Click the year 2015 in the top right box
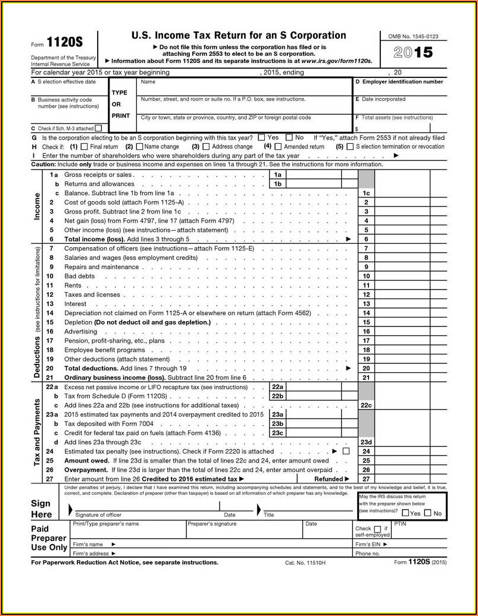tap(413, 52)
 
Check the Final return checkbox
tap(84, 146)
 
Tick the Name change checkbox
tap(140, 146)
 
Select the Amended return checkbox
tap(277, 146)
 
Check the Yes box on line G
tap(262, 137)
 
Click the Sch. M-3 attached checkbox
tap(98, 128)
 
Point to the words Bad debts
tap(79, 276)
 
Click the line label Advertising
tap(80, 331)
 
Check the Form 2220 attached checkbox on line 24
tap(346, 451)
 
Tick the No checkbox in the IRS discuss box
tap(428, 513)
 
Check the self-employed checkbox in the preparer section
tap(377, 529)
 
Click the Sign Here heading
tap(42, 509)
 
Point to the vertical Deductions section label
tap(37, 356)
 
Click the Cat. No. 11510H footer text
tap(305, 562)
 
